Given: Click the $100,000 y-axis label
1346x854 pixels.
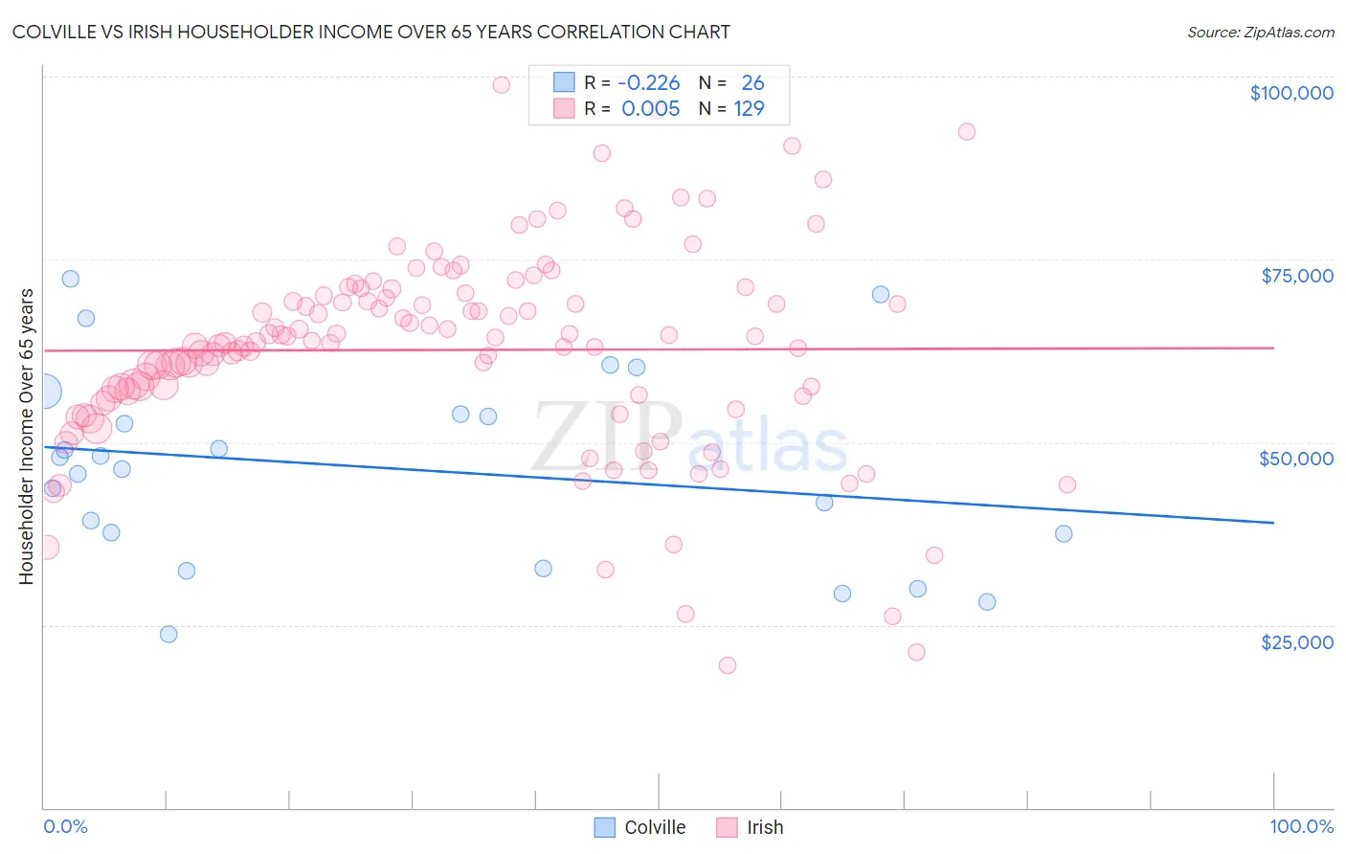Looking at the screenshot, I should coord(1291,93).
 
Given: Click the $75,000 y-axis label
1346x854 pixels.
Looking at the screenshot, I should coord(1297,276).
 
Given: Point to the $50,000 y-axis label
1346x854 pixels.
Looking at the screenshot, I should coord(1296,459).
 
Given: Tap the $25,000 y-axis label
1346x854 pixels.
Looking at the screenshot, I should coord(1297,642).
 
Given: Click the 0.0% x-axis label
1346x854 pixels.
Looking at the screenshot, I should coord(65,826).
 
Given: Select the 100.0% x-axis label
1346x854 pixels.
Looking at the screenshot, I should coord(1301,826).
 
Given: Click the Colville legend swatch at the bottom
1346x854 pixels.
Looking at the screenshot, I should coord(604,827).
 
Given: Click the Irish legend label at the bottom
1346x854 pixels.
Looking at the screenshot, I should coord(765,827).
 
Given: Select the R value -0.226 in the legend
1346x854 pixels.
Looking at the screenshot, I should coord(648,83).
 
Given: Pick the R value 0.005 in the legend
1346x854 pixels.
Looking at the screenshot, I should coord(650,109).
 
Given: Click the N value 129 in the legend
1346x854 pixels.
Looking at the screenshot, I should coord(749,109).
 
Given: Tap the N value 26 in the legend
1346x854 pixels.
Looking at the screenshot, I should coord(752,83).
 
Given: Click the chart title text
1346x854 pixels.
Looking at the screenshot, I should coord(370,32).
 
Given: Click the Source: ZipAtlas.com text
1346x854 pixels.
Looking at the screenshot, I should coord(1260,32).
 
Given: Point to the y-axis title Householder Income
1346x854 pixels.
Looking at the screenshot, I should coord(27,437).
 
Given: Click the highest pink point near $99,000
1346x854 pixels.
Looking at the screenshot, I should coord(501,84).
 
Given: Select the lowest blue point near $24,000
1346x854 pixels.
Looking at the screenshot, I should coord(168,634).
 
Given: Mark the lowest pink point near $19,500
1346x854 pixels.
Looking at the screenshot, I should coord(728,665).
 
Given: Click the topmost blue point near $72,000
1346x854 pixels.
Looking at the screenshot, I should coord(70,279).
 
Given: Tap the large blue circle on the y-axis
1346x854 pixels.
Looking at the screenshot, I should coord(44,391).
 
